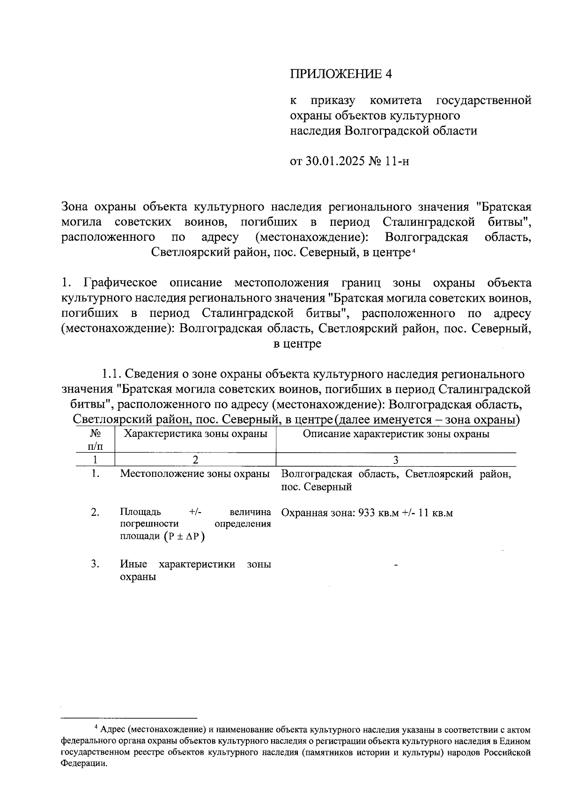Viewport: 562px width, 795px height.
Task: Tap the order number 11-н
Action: click(397, 162)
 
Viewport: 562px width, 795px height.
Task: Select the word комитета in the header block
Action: click(395, 100)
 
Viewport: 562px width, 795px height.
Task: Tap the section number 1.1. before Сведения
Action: click(112, 374)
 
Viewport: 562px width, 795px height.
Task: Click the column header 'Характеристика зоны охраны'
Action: click(195, 434)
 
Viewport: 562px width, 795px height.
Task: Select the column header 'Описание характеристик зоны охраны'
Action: click(396, 434)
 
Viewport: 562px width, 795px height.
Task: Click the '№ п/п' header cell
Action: click(96, 439)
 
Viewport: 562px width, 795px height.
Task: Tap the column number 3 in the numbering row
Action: click(396, 460)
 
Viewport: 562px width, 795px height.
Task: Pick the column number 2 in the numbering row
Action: click(195, 460)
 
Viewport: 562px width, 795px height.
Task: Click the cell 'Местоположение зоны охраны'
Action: click(195, 474)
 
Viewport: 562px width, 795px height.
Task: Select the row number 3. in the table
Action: click(96, 564)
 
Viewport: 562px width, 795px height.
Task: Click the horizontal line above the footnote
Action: click(129, 718)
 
